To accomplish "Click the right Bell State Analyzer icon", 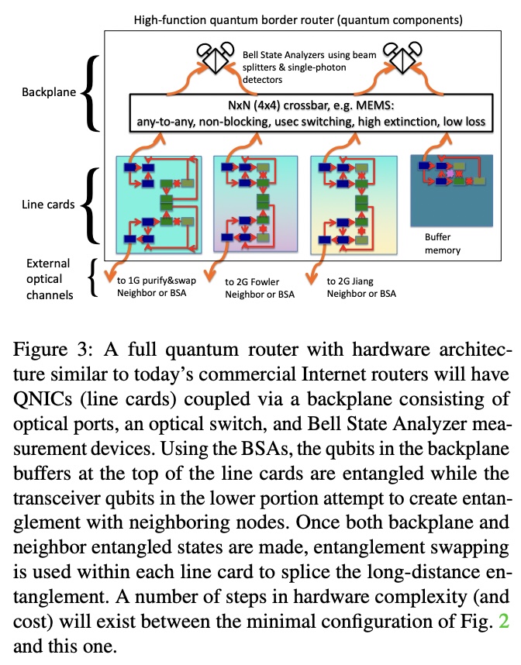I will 407,57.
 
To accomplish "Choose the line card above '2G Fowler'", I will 256,204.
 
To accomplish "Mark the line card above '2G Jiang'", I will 353,204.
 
